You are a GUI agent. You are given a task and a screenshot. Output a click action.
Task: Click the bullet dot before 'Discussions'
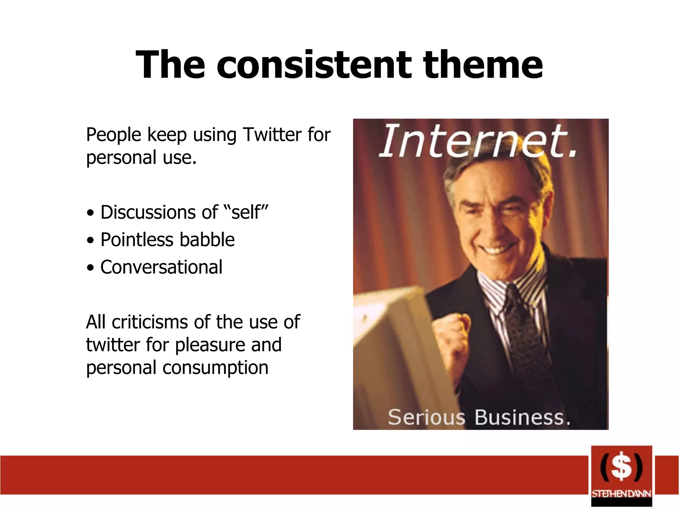pyautogui.click(x=90, y=213)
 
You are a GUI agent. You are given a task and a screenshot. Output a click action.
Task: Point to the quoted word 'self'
pyautogui.click(x=246, y=212)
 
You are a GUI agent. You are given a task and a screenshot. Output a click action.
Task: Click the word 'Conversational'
pyautogui.click(x=161, y=267)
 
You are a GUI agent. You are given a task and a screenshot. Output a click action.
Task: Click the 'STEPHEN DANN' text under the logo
pyautogui.click(x=621, y=494)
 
